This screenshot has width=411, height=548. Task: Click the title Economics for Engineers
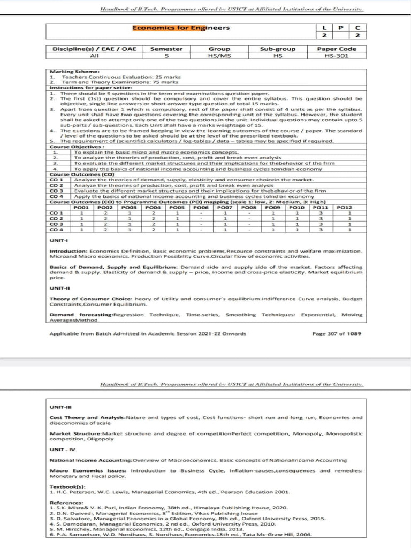point(181,28)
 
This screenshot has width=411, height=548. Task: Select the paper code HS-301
point(340,56)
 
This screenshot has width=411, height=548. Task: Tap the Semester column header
point(166,49)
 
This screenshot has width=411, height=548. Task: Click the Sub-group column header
point(278,49)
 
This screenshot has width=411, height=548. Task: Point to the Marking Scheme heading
point(67,72)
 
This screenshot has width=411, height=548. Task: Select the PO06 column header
point(201,208)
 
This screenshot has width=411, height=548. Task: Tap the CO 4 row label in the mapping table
point(56,230)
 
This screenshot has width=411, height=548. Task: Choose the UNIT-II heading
point(57,288)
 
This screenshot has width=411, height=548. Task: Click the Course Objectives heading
point(69,147)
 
